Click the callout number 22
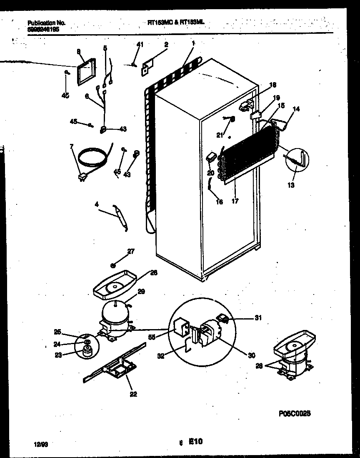(133, 393)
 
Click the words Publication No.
(46, 23)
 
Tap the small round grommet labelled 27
(113, 265)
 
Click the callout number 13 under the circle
(291, 185)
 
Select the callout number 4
(97, 205)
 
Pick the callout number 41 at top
(140, 44)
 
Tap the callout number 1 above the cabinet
(194, 43)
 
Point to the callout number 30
(251, 355)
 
